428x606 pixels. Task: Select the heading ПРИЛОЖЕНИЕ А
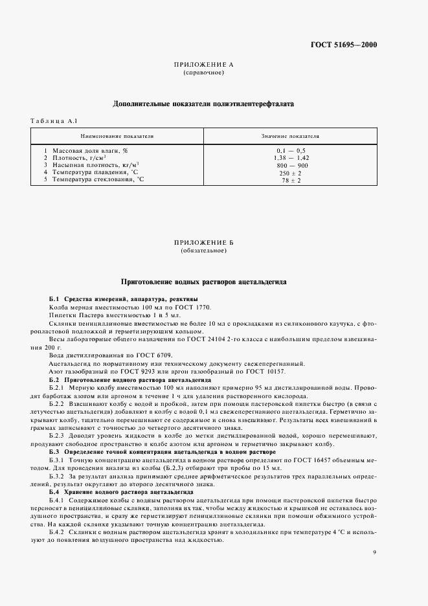click(204, 66)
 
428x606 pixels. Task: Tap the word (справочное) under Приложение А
click(204, 73)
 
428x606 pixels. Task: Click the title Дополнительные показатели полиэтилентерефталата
click(204, 103)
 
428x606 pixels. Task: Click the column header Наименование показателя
click(117, 137)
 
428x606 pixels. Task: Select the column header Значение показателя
click(290, 137)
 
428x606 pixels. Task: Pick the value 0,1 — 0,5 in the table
click(290, 150)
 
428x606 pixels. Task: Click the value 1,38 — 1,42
click(290, 157)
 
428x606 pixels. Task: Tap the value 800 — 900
click(290, 164)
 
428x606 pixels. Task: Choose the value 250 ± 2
click(290, 172)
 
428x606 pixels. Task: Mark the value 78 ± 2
click(290, 179)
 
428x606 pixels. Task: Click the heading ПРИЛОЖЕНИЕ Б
click(204, 243)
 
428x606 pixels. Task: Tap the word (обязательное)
click(204, 250)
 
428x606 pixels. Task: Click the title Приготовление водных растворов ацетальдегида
click(204, 282)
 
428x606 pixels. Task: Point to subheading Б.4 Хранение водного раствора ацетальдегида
click(120, 492)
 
